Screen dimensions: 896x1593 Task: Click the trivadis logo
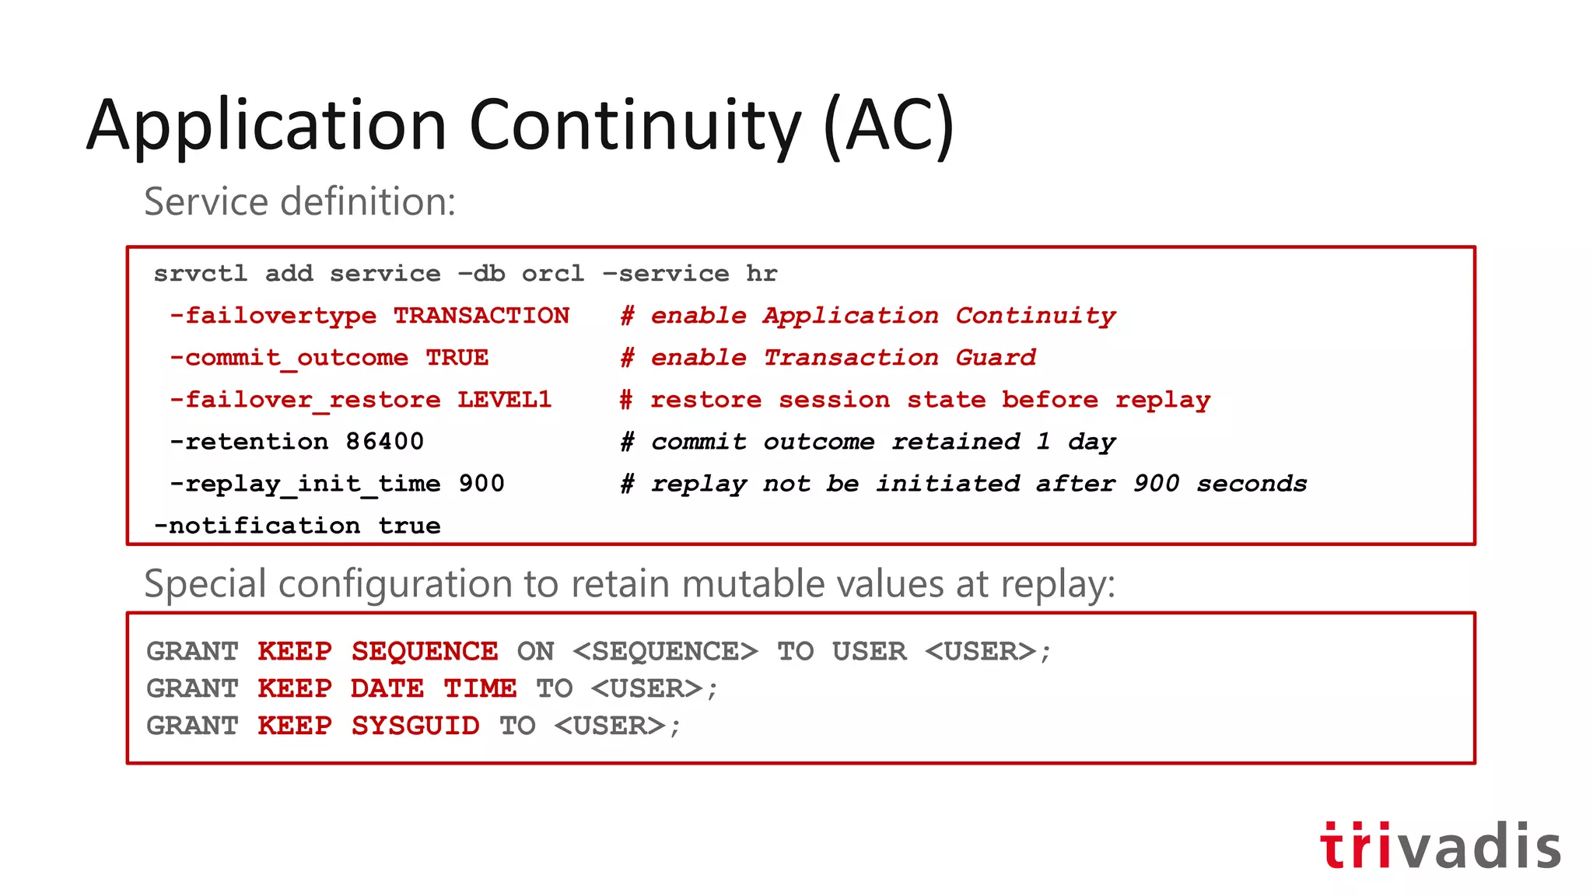click(1440, 845)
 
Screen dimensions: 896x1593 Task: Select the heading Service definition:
click(299, 201)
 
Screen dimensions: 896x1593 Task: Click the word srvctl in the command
click(200, 274)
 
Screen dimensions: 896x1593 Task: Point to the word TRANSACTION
click(481, 316)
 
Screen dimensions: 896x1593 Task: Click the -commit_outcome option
click(289, 358)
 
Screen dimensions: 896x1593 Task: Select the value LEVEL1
click(504, 400)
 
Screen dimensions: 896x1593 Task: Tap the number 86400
click(384, 442)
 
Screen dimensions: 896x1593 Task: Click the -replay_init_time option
click(305, 484)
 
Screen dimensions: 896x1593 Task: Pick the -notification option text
click(257, 526)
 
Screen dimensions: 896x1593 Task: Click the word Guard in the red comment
click(996, 358)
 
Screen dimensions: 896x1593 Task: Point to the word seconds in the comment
click(1251, 484)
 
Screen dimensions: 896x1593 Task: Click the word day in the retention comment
click(1091, 442)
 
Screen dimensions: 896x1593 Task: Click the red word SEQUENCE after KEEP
click(424, 651)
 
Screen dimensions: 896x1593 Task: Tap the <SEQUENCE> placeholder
click(664, 651)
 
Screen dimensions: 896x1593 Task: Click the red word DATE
click(387, 688)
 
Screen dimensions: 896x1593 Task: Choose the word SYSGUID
click(415, 726)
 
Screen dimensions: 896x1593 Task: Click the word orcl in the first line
click(552, 274)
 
